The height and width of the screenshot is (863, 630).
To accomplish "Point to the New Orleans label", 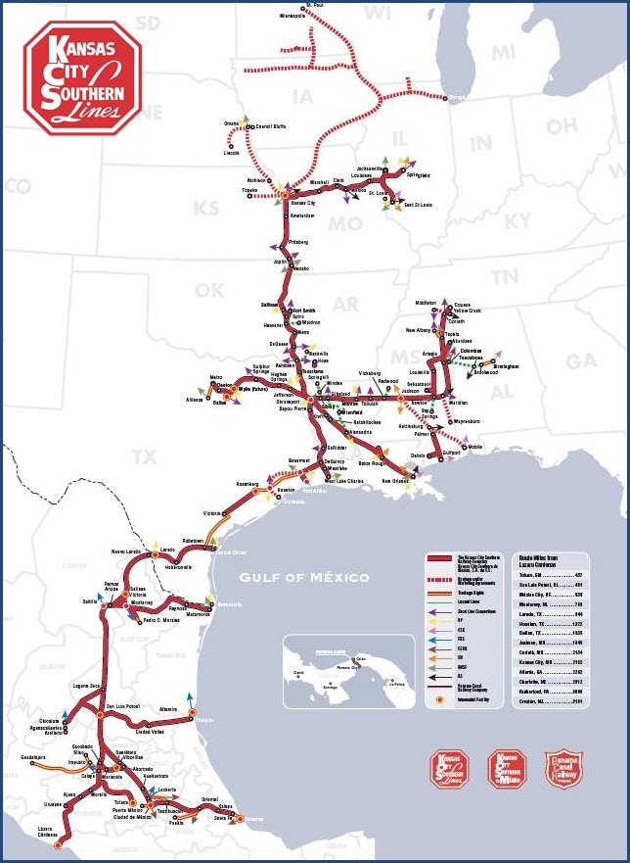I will point(395,481).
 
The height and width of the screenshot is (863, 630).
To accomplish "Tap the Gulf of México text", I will point(304,577).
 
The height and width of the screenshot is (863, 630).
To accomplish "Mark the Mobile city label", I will point(475,447).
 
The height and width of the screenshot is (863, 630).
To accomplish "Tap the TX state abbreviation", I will point(144,456).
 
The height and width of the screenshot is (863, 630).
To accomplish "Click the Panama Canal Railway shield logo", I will point(561,769).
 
